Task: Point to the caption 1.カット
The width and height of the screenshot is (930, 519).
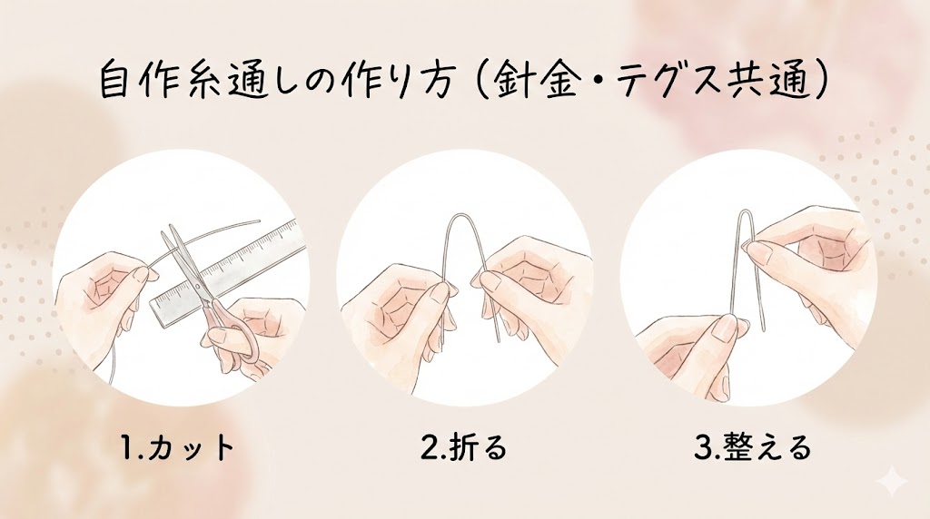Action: (x=177, y=448)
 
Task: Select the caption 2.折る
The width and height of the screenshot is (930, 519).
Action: (x=464, y=448)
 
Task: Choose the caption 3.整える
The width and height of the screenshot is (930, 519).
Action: (x=751, y=448)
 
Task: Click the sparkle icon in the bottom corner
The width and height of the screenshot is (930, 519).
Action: (x=894, y=483)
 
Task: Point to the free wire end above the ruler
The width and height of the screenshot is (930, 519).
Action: (x=259, y=220)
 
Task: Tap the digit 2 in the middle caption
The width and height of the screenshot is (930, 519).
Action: (x=429, y=448)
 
